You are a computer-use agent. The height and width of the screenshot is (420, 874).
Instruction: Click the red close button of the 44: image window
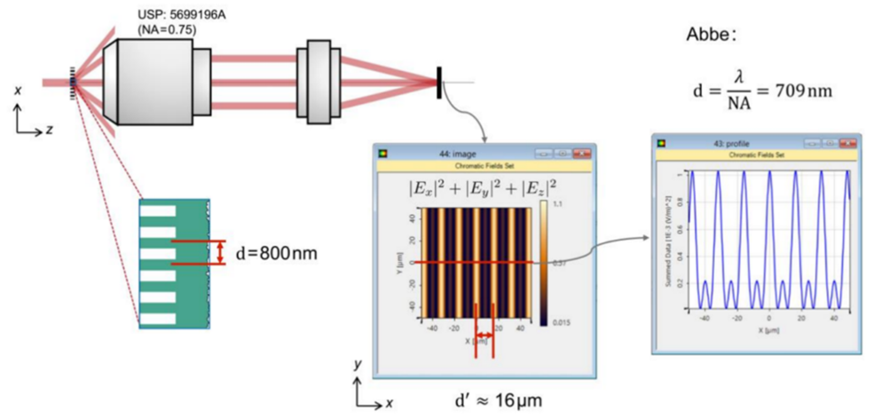pyautogui.click(x=583, y=153)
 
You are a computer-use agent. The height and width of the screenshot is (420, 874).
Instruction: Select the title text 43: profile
pyautogui.click(x=733, y=142)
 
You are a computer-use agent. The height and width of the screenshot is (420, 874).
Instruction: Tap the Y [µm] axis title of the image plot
pyautogui.click(x=402, y=263)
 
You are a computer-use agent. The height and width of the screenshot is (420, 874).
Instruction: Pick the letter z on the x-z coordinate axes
pyautogui.click(x=50, y=131)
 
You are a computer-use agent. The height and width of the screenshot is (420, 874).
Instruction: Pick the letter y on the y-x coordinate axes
pyautogui.click(x=357, y=364)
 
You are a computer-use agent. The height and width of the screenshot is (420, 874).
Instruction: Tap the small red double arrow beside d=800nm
pyautogui.click(x=220, y=253)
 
